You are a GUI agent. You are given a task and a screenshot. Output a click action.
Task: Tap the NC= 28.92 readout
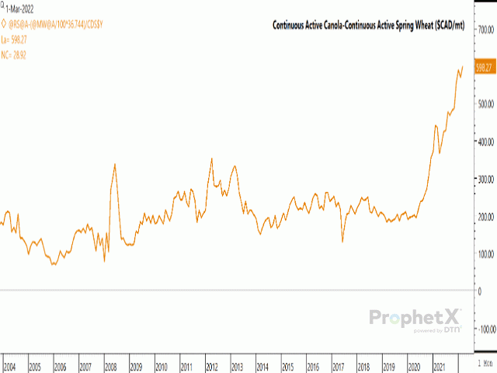pyautogui.click(x=21, y=56)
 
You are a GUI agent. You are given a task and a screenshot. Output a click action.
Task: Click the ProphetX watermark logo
pyautogui.click(x=415, y=318)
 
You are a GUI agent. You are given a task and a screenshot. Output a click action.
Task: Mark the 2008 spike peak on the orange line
pyautogui.click(x=115, y=164)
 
